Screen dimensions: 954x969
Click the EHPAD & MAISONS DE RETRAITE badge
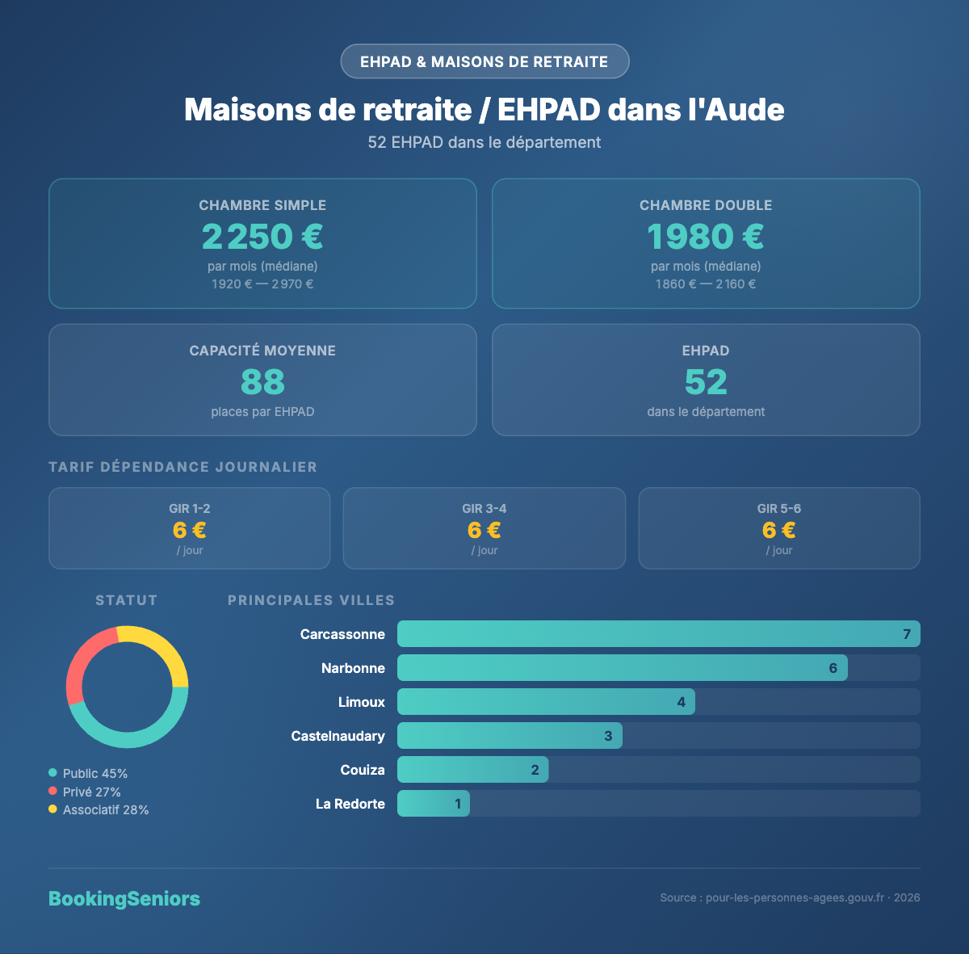484,61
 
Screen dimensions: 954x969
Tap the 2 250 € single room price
262,237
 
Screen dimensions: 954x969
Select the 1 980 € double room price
706,237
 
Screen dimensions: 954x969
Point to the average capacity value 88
262,382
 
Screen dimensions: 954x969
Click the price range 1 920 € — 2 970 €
262,284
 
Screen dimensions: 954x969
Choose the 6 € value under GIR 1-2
190,530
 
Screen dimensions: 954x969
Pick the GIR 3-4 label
484,508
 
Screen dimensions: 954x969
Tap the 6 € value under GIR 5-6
779,530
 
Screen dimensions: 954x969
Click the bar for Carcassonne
658,634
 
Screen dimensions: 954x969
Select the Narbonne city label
353,668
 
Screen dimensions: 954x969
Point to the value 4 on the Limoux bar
682,702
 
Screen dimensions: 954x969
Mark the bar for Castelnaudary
510,736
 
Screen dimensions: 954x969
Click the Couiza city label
363,770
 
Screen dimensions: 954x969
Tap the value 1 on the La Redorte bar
458,804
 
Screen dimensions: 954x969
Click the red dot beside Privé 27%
52,792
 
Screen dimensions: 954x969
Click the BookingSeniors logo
124,899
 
